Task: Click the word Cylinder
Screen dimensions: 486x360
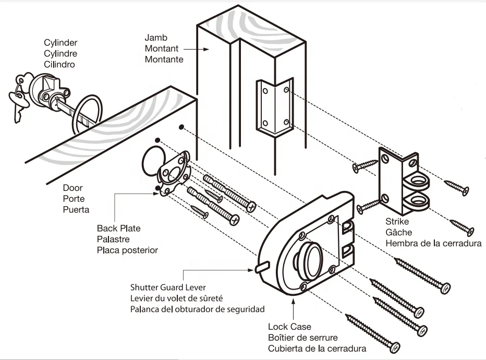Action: (x=60, y=43)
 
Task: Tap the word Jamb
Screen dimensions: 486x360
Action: (x=156, y=38)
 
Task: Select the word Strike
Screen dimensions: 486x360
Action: (x=397, y=221)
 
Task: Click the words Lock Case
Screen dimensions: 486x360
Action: (x=289, y=327)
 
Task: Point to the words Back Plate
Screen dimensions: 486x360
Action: (x=119, y=228)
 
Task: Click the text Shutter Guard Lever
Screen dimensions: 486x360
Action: (x=168, y=287)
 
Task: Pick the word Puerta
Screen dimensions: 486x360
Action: (x=76, y=210)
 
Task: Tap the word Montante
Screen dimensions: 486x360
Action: (x=164, y=59)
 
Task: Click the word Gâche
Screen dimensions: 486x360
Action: (x=398, y=232)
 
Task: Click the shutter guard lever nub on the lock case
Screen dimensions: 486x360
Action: (x=262, y=267)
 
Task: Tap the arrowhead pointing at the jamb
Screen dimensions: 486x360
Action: (x=206, y=49)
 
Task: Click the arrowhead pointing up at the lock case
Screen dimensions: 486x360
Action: (x=293, y=302)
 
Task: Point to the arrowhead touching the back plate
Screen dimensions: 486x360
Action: (x=156, y=194)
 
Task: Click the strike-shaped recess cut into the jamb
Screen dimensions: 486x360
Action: (x=275, y=106)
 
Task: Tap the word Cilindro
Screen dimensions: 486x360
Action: (x=59, y=65)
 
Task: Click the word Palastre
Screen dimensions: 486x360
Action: (x=113, y=239)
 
